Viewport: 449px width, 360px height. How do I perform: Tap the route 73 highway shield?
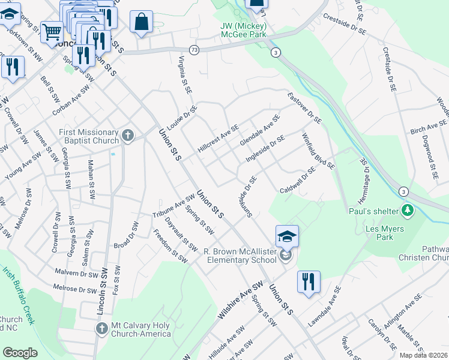193,49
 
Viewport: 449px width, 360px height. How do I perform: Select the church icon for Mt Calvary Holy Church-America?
101,328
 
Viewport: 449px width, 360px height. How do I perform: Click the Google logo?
20,353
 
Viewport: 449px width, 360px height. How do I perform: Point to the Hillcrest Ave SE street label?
219,138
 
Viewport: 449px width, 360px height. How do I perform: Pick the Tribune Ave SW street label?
173,206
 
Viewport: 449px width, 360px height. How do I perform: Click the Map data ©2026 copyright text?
424,355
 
